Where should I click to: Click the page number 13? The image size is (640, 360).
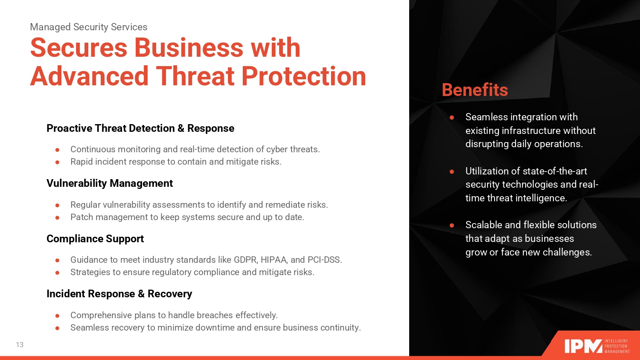coord(20,345)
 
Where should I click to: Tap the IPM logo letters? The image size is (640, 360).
coord(583,346)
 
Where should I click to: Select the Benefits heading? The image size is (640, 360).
coord(475,90)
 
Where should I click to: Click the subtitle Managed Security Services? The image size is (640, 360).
coord(89,27)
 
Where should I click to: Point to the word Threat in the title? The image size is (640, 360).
coord(196,76)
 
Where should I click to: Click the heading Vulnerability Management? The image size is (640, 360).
coord(110,183)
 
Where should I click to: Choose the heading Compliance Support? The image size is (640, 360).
coord(95,238)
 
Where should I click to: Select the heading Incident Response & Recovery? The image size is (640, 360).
coord(119,294)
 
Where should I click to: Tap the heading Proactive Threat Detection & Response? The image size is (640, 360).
coord(140,128)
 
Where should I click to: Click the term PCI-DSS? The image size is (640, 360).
coord(325,260)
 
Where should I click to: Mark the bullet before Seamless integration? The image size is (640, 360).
coord(452,117)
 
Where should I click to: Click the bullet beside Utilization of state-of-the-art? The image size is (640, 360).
coord(452,171)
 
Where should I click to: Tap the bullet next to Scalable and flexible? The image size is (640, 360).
coord(452,225)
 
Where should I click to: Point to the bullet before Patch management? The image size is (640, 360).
coord(58,218)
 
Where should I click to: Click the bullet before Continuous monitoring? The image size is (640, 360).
coord(58,150)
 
